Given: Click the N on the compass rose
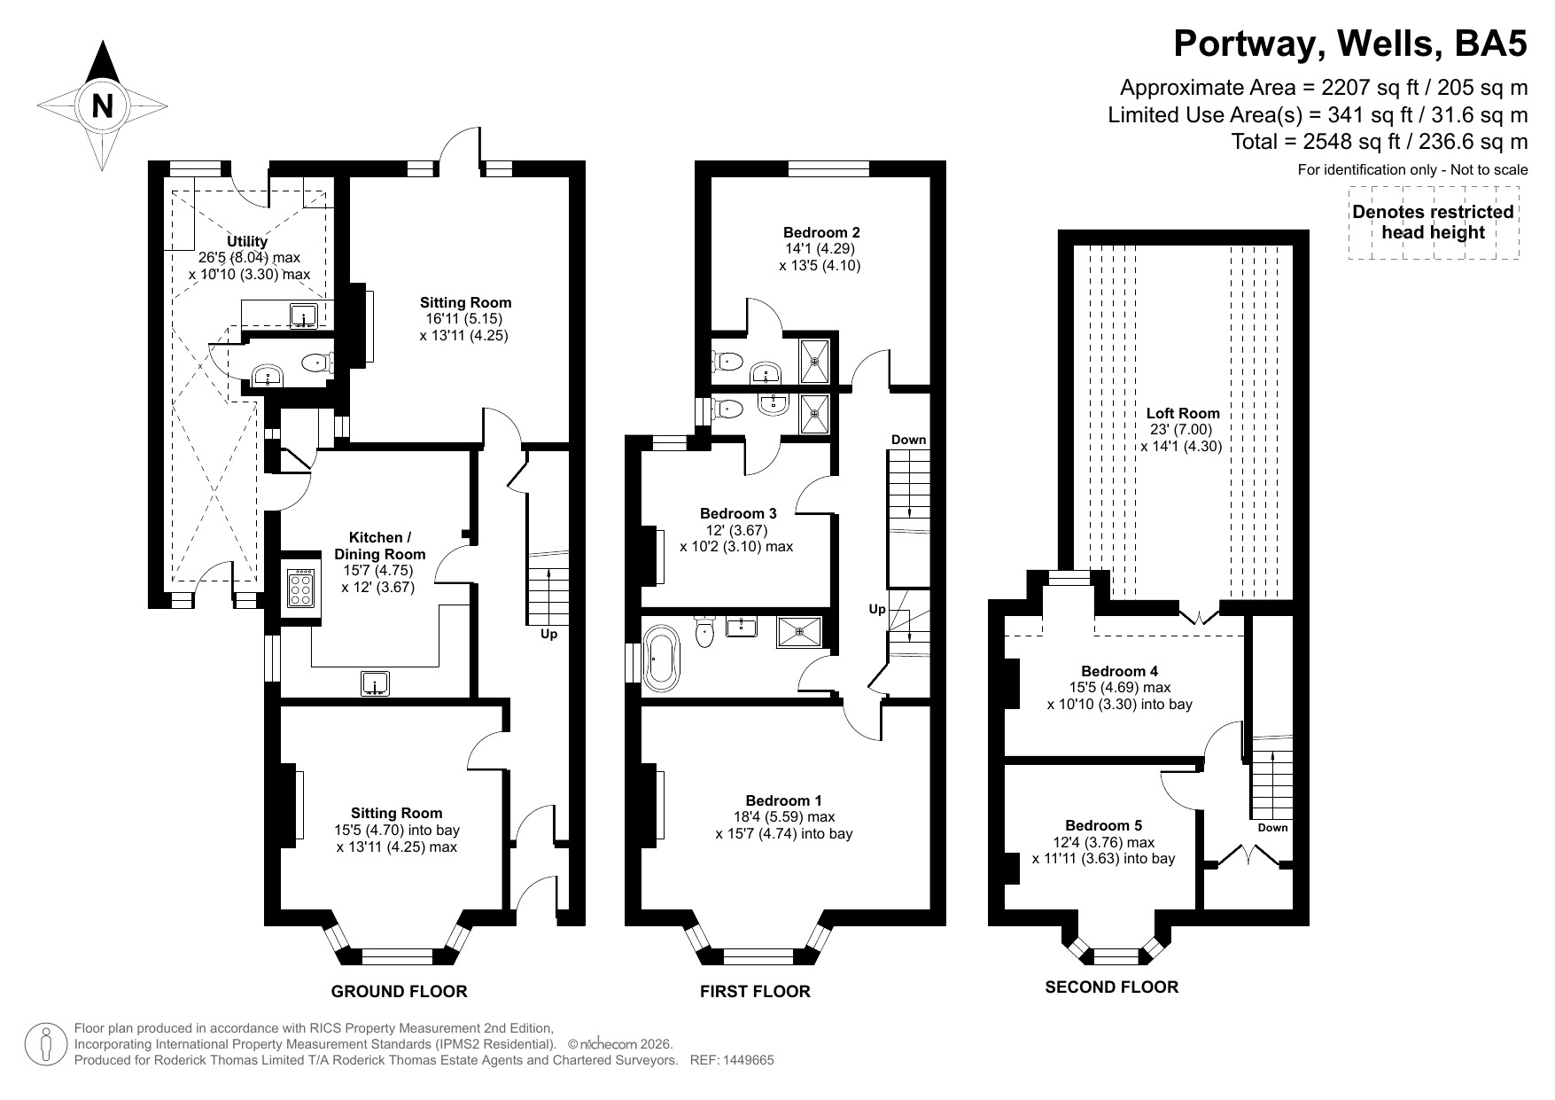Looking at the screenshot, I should tap(104, 106).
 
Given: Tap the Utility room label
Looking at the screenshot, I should tap(246, 241).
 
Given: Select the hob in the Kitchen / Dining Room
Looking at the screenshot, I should tap(301, 587).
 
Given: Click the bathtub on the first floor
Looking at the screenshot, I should tap(658, 658).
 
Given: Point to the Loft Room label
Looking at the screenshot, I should tap(1182, 413).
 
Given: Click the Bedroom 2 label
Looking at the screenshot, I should tap(820, 232).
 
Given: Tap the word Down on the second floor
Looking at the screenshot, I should tap(1272, 828).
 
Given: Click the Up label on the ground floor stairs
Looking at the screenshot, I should tap(548, 635).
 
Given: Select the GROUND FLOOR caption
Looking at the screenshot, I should tap(399, 991).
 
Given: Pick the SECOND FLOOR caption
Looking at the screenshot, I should tap(1111, 987).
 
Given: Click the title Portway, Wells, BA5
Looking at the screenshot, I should tap(1350, 43).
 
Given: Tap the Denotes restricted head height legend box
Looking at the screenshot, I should tap(1433, 222).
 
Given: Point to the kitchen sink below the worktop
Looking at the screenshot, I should tap(376, 683).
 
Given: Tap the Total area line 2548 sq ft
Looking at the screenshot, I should tap(1379, 142).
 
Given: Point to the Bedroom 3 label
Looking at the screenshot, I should tap(738, 513).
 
